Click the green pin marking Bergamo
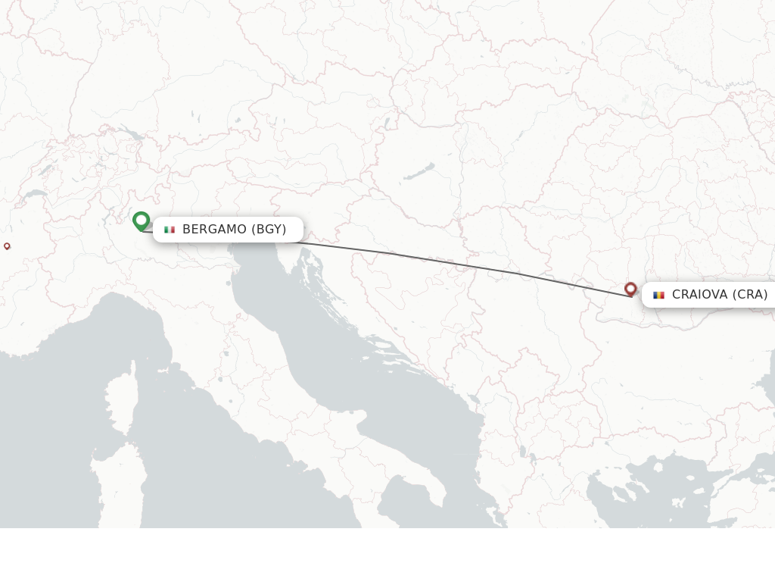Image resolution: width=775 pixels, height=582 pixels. coord(141,221)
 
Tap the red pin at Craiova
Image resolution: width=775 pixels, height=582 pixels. coord(630,288)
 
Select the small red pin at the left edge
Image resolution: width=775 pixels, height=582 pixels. coord(7,246)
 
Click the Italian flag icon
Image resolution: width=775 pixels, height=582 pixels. coord(170,230)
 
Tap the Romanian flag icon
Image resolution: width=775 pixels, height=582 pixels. coord(658,295)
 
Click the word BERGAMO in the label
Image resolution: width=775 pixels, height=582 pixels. coord(214,230)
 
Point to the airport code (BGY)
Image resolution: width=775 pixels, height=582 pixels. coord(269,230)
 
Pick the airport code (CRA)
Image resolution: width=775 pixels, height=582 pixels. coord(749,295)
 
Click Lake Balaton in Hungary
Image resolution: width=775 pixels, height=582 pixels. coord(419,171)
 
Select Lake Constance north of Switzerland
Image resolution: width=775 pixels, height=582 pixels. coord(131,135)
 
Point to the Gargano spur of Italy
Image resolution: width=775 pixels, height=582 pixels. coord(363,416)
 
